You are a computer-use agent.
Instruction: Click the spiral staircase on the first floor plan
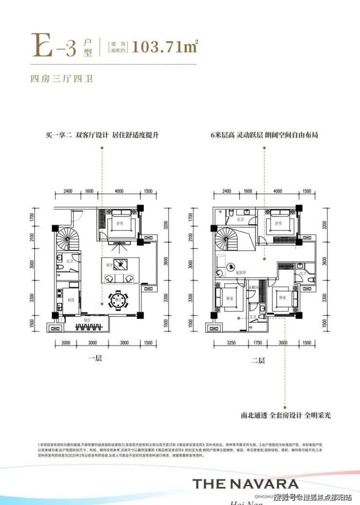coord(64,240)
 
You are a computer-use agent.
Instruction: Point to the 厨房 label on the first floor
coord(71,300)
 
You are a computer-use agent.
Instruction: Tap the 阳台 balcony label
coord(87,320)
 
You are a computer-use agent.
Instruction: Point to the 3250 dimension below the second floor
coord(231,343)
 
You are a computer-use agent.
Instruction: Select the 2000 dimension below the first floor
coord(67,343)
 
